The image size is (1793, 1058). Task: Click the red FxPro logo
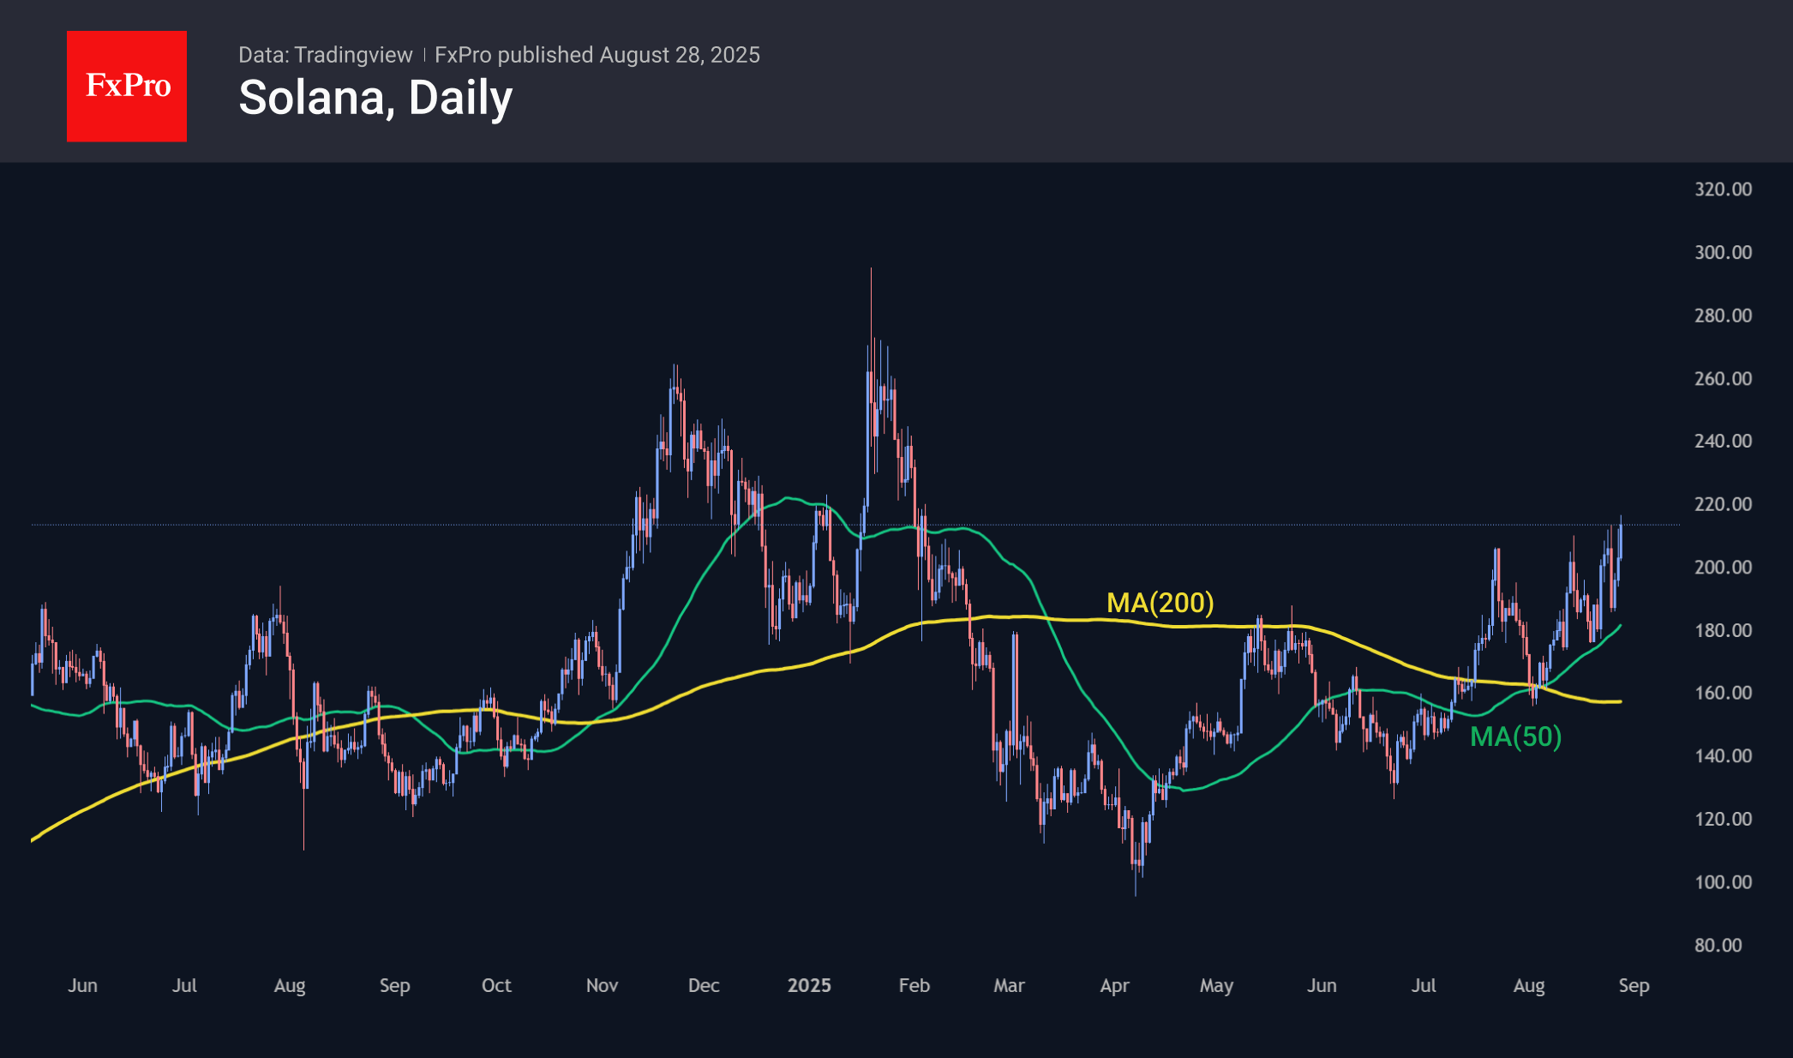coord(127,86)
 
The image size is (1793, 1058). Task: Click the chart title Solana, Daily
coord(375,98)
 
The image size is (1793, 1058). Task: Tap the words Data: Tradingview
coord(325,55)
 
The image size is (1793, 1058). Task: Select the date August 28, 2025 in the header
coord(680,55)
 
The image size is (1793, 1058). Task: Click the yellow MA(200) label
coord(1160,603)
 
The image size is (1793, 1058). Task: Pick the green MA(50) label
coord(1515,736)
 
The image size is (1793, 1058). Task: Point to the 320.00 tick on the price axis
coord(1723,189)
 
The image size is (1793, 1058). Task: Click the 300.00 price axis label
coord(1723,252)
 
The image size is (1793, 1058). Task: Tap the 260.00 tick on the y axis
coord(1723,378)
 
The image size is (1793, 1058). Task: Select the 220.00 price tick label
coord(1723,504)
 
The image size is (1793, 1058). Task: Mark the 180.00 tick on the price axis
coord(1723,630)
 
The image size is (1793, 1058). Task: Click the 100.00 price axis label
coord(1723,882)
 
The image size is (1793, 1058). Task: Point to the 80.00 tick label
coord(1718,945)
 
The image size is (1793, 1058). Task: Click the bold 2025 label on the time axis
coord(809,985)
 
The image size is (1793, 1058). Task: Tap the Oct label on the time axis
coord(496,985)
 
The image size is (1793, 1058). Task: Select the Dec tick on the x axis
coord(704,985)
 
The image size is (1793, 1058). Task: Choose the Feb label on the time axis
coord(914,985)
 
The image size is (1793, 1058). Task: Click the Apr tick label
coord(1114,985)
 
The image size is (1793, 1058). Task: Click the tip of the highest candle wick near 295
coord(871,269)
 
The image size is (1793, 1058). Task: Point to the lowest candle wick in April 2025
coord(1136,895)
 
